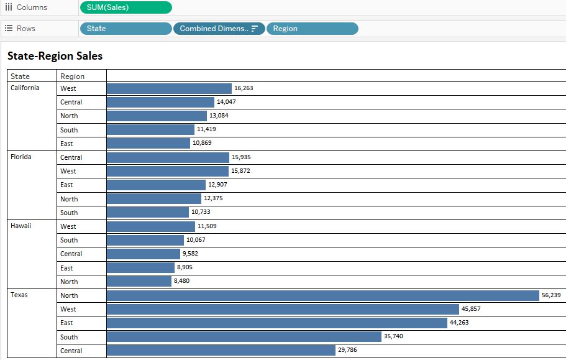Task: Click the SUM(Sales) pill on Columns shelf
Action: pyautogui.click(x=126, y=7)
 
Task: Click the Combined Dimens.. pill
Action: pyautogui.click(x=214, y=29)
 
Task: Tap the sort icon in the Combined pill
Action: pyautogui.click(x=255, y=29)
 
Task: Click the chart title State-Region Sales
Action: pyautogui.click(x=55, y=56)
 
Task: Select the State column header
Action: pyautogui.click(x=20, y=76)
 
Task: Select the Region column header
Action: pyautogui.click(x=72, y=76)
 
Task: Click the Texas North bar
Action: pyautogui.click(x=322, y=295)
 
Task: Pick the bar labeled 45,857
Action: pyautogui.click(x=283, y=309)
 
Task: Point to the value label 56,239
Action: pyautogui.click(x=551, y=295)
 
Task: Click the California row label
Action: pyautogui.click(x=25, y=88)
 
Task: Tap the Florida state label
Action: pyautogui.click(x=21, y=157)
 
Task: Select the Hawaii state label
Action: pyautogui.click(x=21, y=226)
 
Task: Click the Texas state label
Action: pyautogui.click(x=19, y=295)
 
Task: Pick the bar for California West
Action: pyautogui.click(x=169, y=88)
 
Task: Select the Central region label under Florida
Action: pyautogui.click(x=71, y=157)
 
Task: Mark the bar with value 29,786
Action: pyautogui.click(x=221, y=350)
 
